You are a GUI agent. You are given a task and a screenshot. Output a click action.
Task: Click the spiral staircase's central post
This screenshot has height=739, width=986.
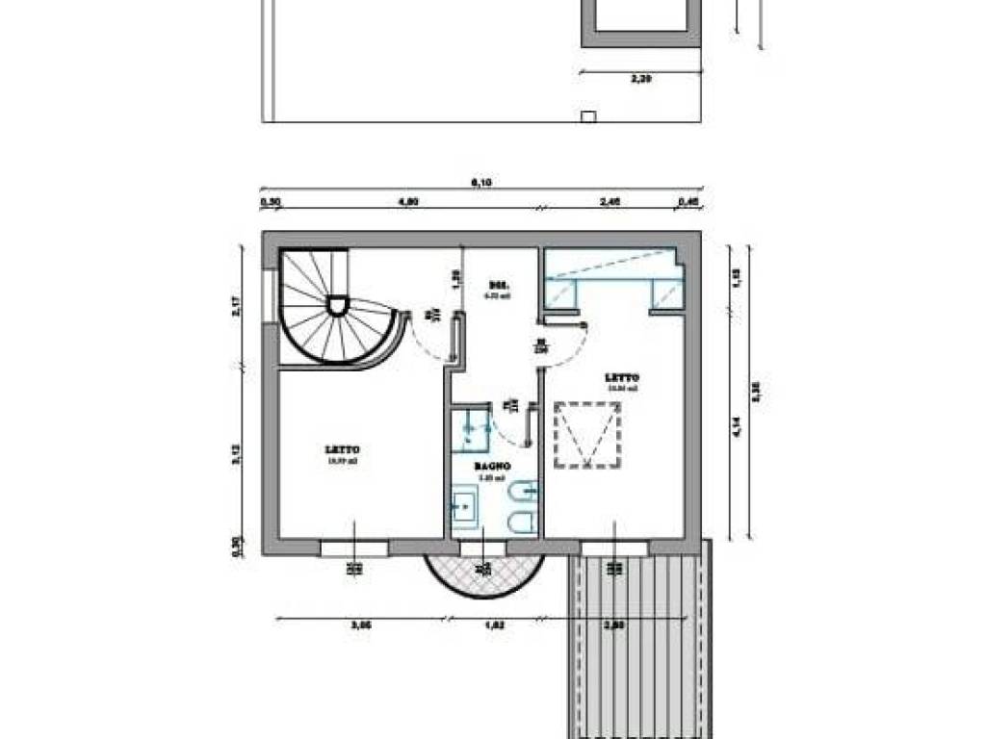coord(337,306)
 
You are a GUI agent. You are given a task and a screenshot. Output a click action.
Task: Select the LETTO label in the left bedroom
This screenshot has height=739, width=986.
coord(343,449)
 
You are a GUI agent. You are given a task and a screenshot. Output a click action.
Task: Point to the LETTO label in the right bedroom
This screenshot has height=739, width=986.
coord(622,378)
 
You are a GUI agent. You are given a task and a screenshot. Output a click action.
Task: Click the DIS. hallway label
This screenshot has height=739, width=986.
coord(498,287)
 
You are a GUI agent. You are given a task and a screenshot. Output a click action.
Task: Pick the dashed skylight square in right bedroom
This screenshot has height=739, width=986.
coord(586,435)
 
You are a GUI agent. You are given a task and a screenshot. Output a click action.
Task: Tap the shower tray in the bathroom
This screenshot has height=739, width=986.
coord(472,428)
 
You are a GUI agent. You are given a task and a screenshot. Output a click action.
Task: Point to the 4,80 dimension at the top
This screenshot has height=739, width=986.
coord(408,202)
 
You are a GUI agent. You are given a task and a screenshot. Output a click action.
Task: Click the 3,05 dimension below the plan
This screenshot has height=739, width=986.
coord(361,625)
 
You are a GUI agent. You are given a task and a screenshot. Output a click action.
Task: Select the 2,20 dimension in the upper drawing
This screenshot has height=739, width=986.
coord(641,80)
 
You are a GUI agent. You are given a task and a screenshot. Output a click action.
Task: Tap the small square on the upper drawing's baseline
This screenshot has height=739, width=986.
coord(587,116)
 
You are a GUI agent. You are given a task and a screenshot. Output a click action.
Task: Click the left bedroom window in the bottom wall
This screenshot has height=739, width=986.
coord(354,548)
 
